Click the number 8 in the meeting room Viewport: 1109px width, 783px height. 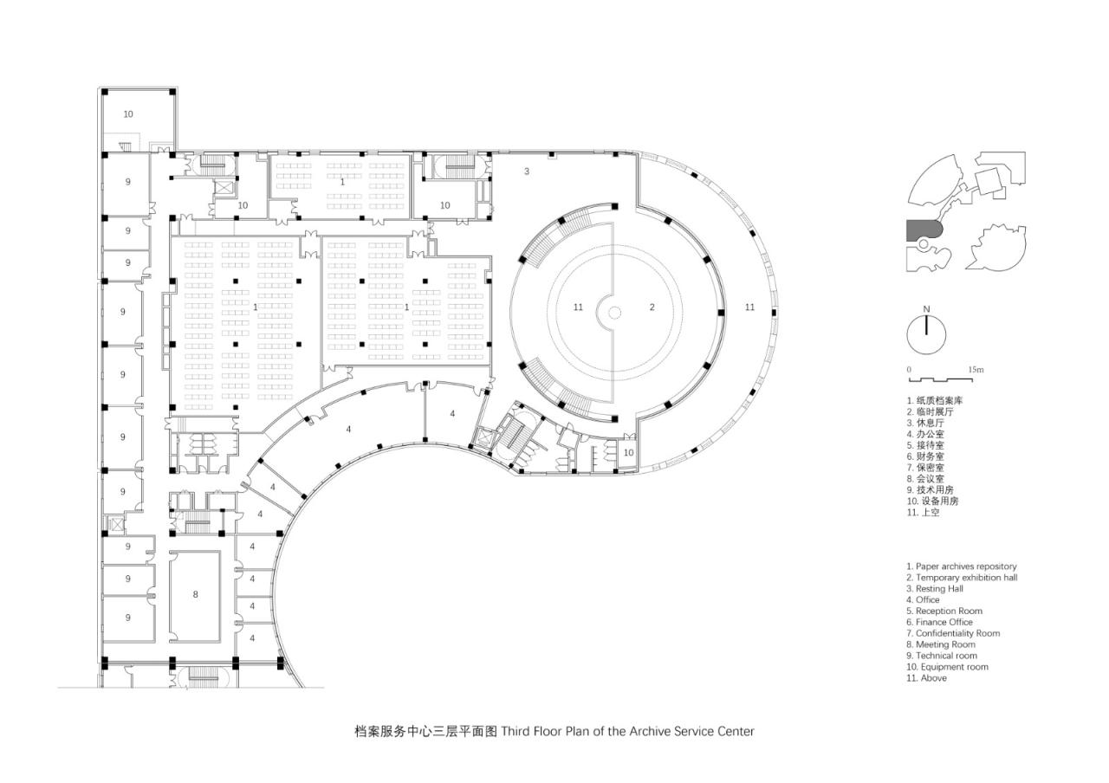[x=195, y=594]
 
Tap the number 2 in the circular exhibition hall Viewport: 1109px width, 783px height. [x=652, y=307]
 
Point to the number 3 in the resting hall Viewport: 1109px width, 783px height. [x=526, y=171]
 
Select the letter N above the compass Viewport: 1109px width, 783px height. [x=926, y=309]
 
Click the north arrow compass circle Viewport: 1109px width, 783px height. [x=926, y=333]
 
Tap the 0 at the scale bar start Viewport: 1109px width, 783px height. [x=909, y=370]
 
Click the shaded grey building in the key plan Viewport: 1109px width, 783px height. [x=924, y=230]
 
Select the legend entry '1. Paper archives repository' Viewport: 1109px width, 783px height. [x=962, y=566]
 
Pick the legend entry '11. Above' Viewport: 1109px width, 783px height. [x=927, y=678]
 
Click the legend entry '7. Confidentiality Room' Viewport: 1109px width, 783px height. [x=953, y=633]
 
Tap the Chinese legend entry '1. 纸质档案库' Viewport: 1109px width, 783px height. [x=935, y=401]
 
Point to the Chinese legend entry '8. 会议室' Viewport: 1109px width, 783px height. [x=925, y=478]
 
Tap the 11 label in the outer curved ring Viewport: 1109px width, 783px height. [x=749, y=307]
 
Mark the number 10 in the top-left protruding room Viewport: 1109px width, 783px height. [x=128, y=114]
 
